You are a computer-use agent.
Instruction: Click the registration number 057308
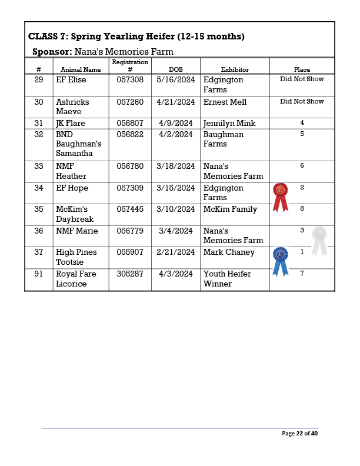(x=130, y=79)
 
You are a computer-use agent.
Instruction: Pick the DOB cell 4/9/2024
(x=175, y=124)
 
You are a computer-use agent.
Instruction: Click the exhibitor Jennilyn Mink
(x=229, y=124)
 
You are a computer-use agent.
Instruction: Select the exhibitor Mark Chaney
(x=229, y=252)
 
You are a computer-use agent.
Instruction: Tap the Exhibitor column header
(x=235, y=69)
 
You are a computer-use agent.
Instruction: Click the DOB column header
(x=175, y=69)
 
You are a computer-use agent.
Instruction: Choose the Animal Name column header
(x=81, y=69)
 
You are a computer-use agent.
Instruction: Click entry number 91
(x=39, y=274)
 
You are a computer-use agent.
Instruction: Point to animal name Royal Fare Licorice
(x=76, y=279)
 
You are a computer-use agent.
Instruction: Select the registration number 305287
(x=130, y=274)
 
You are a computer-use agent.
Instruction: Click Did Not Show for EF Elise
(x=302, y=79)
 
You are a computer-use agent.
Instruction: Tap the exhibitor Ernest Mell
(x=225, y=102)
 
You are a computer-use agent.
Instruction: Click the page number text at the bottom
(x=299, y=434)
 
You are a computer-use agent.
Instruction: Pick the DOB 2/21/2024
(x=175, y=252)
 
